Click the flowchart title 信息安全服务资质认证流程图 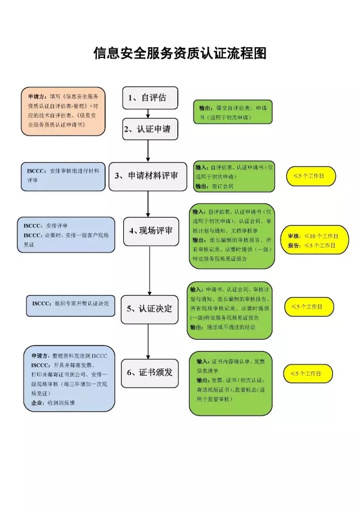coord(179,53)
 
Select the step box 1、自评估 coord(150,97)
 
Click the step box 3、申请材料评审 coord(147,175)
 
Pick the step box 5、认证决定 coord(149,308)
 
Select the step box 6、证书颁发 coord(149,372)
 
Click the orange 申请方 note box coord(62,111)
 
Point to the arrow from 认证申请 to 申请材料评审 coord(148,150)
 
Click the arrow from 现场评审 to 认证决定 coord(149,269)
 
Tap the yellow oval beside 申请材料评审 coord(311,176)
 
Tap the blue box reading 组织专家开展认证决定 coord(70,304)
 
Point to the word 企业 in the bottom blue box coord(38,403)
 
